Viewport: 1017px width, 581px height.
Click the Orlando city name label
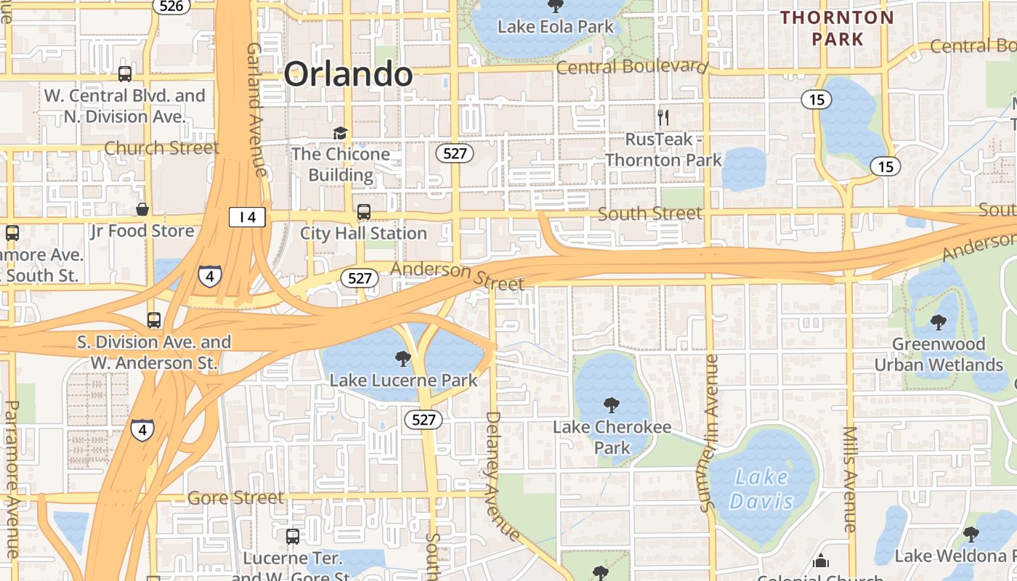pos(348,74)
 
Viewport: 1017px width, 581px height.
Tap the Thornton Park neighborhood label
pos(837,28)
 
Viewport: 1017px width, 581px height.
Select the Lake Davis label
pos(761,489)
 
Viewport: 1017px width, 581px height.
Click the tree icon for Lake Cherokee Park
pos(612,405)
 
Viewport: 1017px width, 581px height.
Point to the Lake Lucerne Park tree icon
pos(402,358)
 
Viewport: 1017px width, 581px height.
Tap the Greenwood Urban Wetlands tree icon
pos(939,322)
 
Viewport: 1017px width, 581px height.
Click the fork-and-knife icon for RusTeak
pos(663,117)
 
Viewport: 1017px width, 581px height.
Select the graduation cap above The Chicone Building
pos(340,132)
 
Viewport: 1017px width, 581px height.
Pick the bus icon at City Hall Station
pos(363,211)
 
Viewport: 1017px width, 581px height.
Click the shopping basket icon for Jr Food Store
pos(142,209)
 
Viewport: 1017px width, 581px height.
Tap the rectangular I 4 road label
pos(247,216)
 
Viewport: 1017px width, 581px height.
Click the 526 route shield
pos(171,6)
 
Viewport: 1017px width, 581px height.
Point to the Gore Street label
pos(235,498)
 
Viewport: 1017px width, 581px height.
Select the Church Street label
pos(161,148)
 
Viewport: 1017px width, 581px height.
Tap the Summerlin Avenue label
pos(708,434)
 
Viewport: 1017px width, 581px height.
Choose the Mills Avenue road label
pos(851,479)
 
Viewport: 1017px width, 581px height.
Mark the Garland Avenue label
pos(256,109)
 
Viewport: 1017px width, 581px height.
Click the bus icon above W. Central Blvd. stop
pos(125,73)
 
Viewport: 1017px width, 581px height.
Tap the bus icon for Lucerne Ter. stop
pos(293,537)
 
